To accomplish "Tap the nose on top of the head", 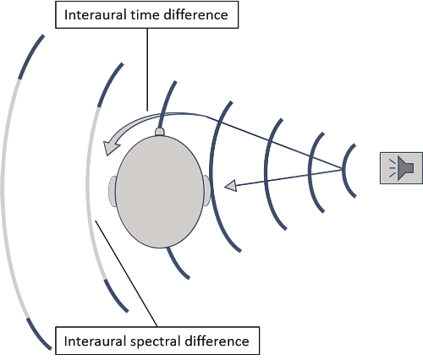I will coord(160,131).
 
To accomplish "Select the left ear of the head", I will coord(113,192).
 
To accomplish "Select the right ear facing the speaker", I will coord(206,191).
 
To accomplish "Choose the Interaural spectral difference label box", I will coord(158,341).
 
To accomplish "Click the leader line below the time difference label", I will coord(147,68).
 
